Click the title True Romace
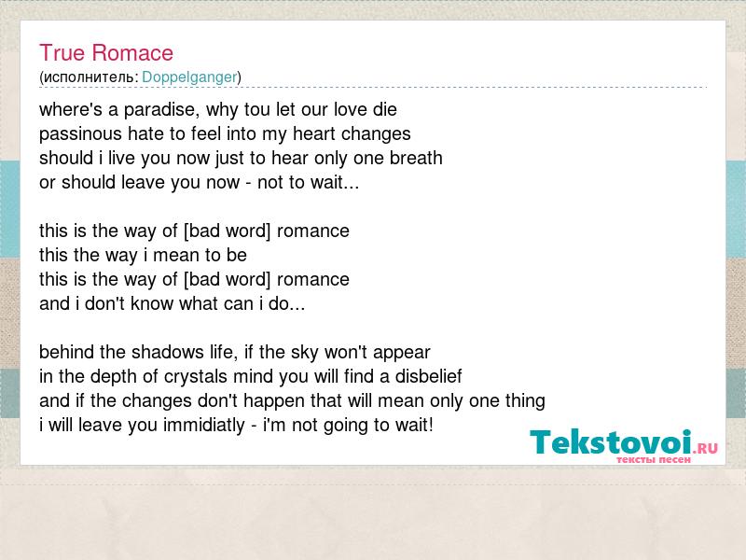click(x=106, y=53)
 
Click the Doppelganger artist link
click(x=189, y=77)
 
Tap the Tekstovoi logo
click(x=623, y=446)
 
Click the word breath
click(x=416, y=158)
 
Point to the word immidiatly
click(x=203, y=426)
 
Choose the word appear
click(x=402, y=354)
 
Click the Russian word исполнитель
click(x=90, y=77)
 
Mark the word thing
click(x=525, y=401)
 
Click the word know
click(x=152, y=304)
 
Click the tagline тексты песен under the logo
click(x=654, y=459)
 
